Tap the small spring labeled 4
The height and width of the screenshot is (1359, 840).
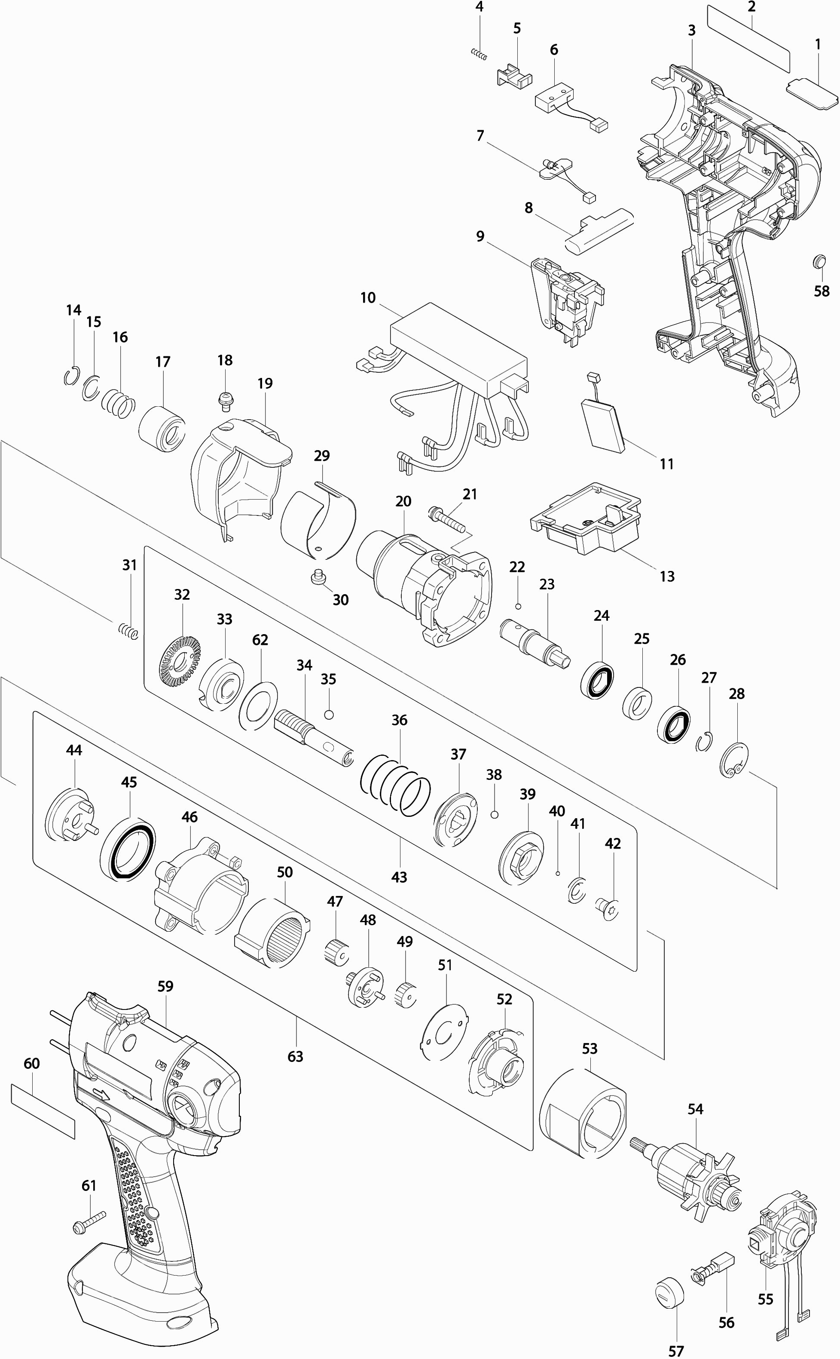point(479,54)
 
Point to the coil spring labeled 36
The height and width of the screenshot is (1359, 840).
point(396,784)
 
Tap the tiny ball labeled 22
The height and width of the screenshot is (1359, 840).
point(518,606)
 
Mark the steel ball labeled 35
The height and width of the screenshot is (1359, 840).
point(329,714)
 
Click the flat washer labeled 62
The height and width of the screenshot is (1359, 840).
point(258,704)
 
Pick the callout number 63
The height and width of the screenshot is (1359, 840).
point(295,1055)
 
